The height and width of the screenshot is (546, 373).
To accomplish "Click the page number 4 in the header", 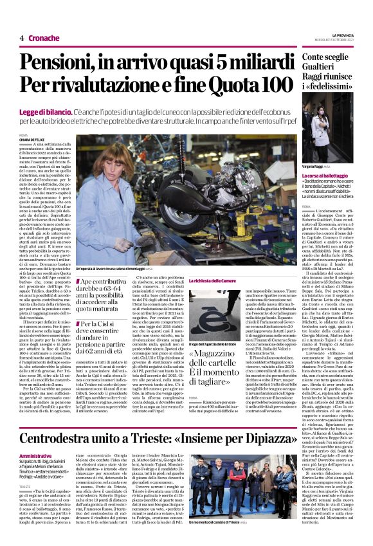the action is (22, 39).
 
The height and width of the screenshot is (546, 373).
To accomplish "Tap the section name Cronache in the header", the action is (44, 39).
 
